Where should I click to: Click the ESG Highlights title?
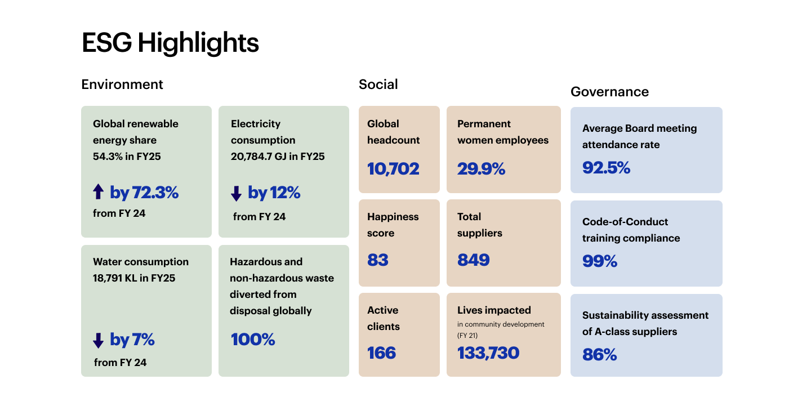pyautogui.click(x=170, y=43)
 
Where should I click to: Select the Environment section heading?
pyautogui.click(x=122, y=84)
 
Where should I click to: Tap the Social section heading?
pyautogui.click(x=378, y=84)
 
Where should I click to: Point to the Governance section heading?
pyautogui.click(x=609, y=92)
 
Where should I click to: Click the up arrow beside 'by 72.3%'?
pyautogui.click(x=99, y=192)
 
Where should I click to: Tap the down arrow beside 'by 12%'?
pyautogui.click(x=236, y=193)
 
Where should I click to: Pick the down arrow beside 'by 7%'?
pyautogui.click(x=99, y=340)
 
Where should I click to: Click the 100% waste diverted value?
pyautogui.click(x=253, y=340)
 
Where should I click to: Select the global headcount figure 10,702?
pyautogui.click(x=393, y=168)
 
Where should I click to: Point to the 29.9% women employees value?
pyautogui.click(x=481, y=168)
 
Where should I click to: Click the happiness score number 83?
pyautogui.click(x=378, y=260)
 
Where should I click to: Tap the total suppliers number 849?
pyautogui.click(x=473, y=260)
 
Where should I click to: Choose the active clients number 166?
pyautogui.click(x=381, y=353)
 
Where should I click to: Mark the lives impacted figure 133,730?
pyautogui.click(x=488, y=353)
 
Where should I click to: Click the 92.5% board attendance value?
pyautogui.click(x=606, y=168)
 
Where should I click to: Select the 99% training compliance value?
pyautogui.click(x=599, y=261)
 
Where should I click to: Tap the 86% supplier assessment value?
pyautogui.click(x=599, y=355)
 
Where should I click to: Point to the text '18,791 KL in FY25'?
pyautogui.click(x=134, y=278)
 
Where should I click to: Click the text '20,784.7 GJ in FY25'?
pyautogui.click(x=278, y=157)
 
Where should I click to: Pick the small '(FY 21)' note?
pyautogui.click(x=468, y=336)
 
